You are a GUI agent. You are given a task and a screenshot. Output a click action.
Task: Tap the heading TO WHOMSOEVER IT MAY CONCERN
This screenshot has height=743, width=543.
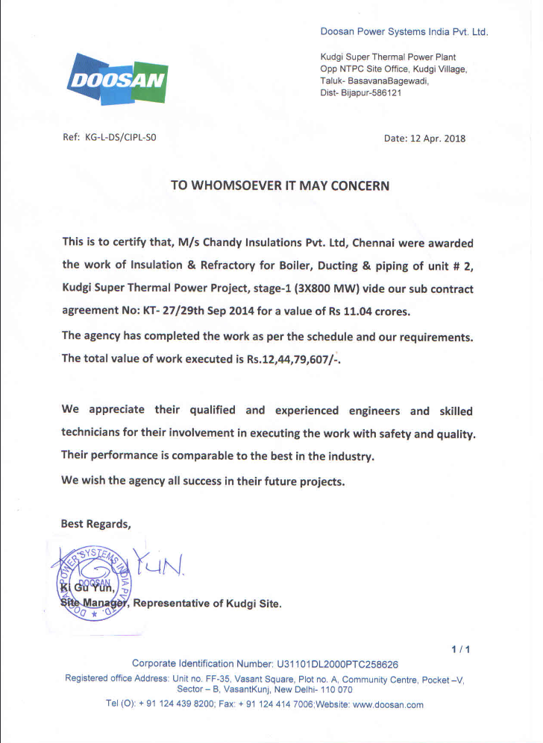pyautogui.click(x=280, y=186)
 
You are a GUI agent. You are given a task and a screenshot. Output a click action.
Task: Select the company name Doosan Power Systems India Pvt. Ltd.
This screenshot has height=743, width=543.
pyautogui.click(x=404, y=32)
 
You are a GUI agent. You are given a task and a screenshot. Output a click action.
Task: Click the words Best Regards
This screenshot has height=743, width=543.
pyautogui.click(x=95, y=524)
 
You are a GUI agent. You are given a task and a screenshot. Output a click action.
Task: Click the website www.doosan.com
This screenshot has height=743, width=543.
pyautogui.click(x=387, y=704)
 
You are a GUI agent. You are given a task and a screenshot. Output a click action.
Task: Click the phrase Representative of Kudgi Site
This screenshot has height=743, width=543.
pyautogui.click(x=207, y=604)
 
